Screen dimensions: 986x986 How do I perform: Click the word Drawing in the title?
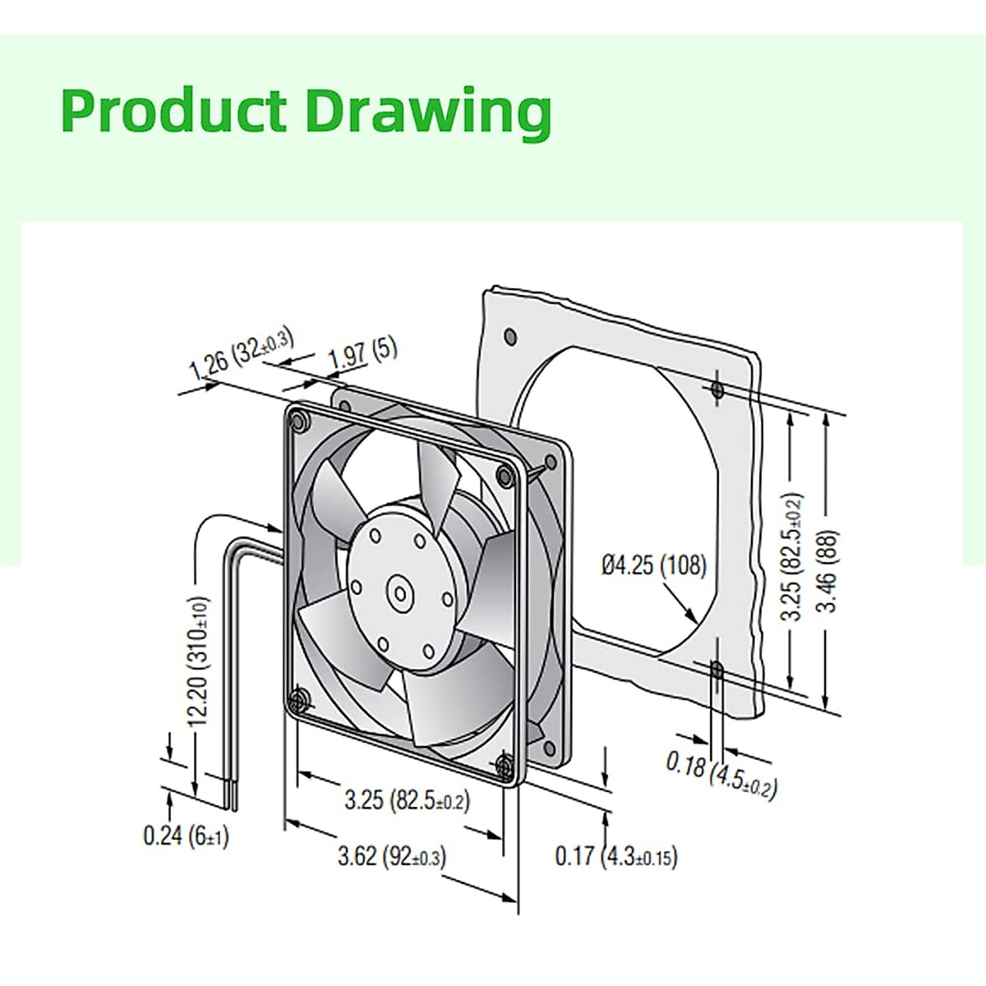tap(428, 113)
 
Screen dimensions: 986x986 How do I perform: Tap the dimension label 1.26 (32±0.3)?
tap(242, 354)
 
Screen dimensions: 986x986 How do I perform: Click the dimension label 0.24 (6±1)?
tap(187, 836)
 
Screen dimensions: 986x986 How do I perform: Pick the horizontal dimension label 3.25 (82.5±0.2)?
tap(407, 799)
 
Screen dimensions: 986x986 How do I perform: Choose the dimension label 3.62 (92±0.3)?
tap(392, 856)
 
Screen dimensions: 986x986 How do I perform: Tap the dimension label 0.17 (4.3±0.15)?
tap(616, 856)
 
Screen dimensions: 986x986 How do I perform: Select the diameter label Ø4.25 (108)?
tap(653, 565)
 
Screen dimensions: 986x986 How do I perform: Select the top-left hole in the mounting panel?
tap(509, 335)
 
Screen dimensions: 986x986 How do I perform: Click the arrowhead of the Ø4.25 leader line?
tap(693, 620)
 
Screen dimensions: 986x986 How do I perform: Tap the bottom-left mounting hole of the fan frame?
tap(298, 701)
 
